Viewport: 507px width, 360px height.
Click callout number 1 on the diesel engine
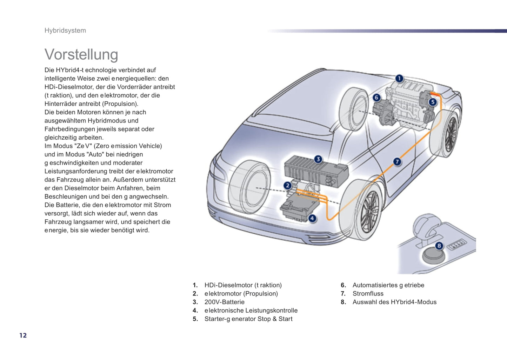click(x=399, y=78)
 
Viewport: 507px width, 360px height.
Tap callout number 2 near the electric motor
click(x=287, y=185)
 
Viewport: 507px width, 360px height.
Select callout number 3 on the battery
click(x=318, y=159)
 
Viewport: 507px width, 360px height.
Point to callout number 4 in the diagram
click(x=312, y=219)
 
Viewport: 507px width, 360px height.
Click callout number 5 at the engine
click(x=433, y=102)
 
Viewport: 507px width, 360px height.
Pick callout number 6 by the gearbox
click(x=376, y=97)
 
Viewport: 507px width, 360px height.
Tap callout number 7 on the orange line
click(x=397, y=161)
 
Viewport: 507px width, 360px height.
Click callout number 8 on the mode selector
click(x=439, y=246)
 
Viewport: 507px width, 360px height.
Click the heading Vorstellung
click(x=81, y=54)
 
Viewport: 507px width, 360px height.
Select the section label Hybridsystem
click(x=65, y=31)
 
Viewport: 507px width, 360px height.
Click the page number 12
click(x=23, y=335)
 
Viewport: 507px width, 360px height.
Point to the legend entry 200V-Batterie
click(x=225, y=302)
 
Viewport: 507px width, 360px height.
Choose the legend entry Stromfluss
click(x=368, y=294)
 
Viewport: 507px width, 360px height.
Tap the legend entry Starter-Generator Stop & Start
click(x=248, y=319)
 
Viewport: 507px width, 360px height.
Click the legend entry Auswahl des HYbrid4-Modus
click(x=394, y=302)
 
